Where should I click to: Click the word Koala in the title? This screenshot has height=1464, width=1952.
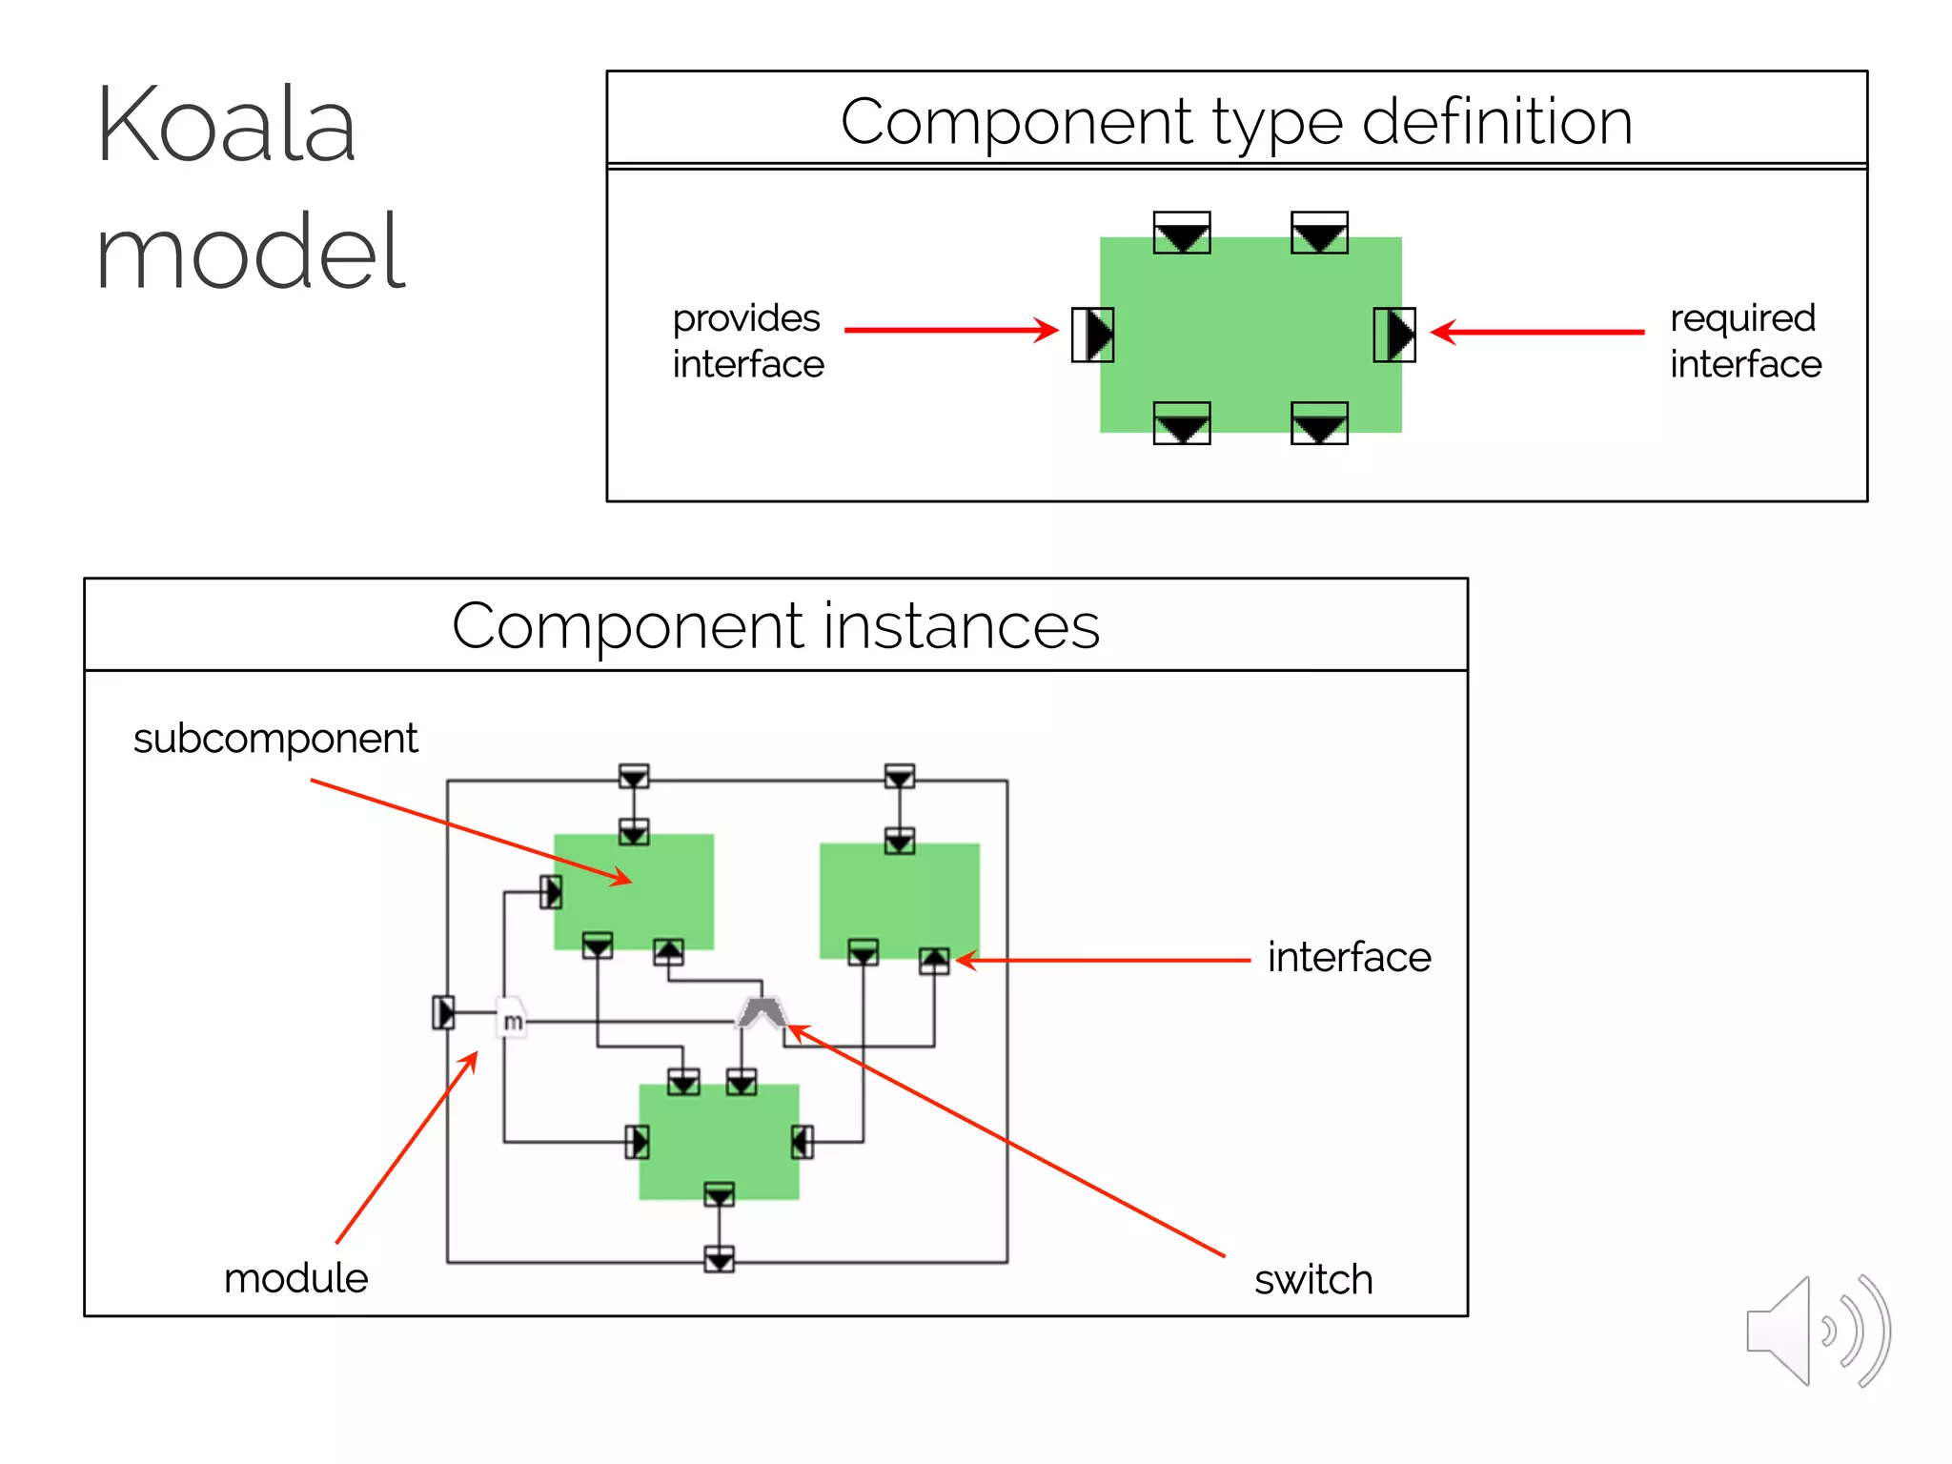coord(226,125)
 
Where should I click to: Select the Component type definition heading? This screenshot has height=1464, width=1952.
coord(1236,121)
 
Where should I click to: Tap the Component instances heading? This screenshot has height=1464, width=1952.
coord(775,625)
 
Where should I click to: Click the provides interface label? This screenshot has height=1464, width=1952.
coord(747,340)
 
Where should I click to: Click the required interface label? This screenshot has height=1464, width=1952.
coord(1744,340)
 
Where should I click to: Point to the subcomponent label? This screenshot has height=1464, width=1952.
coord(275,738)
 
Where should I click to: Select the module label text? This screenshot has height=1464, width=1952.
coord(295,1277)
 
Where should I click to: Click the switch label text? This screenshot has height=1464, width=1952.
coord(1312,1279)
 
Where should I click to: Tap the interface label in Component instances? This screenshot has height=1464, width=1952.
coord(1349,956)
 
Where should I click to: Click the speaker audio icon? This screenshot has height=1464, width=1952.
coord(1817,1331)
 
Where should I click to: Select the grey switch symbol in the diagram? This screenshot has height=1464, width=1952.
coord(761,1013)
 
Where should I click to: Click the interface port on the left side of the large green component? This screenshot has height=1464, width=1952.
coord(1092,335)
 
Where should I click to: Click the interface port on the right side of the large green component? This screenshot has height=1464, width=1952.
coord(1394,335)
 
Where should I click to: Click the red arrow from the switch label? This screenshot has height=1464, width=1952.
coord(1006,1140)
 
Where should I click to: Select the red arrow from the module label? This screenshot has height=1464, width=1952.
coord(406,1148)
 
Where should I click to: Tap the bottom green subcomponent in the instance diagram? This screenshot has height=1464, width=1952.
coord(718,1141)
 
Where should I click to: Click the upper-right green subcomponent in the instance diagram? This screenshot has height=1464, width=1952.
coord(899,899)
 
